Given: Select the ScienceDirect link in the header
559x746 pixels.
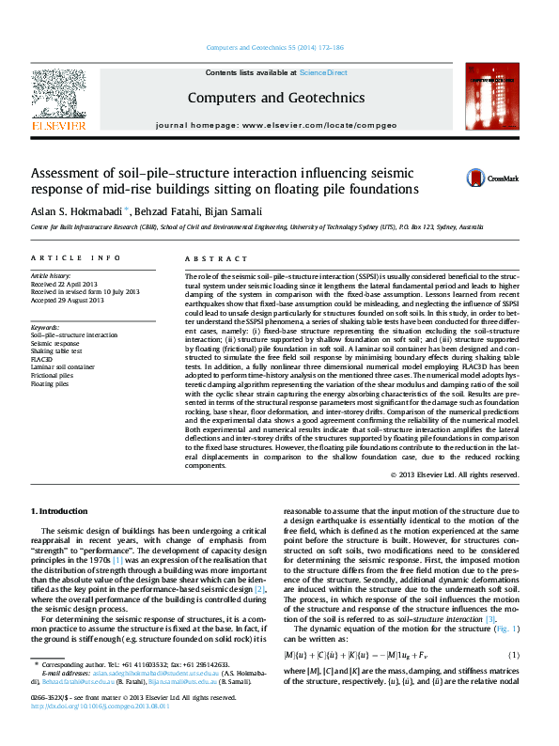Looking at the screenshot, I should (x=323, y=72).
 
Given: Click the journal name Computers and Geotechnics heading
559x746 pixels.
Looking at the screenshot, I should (x=276, y=97).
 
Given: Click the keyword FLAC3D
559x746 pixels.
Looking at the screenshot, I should (x=42, y=359).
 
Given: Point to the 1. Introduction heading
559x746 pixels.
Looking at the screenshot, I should (x=60, y=511).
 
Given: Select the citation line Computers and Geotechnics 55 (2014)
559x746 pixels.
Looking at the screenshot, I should (x=276, y=47).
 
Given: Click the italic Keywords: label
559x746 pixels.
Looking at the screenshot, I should (x=45, y=326).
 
